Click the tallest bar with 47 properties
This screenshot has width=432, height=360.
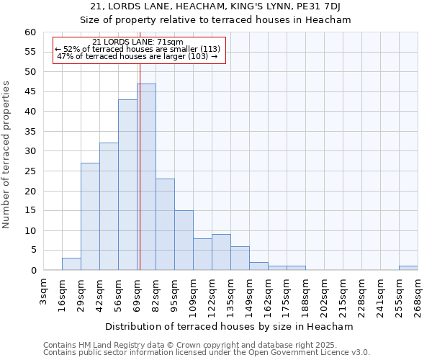(146, 177)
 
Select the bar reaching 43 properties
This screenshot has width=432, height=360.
(127, 185)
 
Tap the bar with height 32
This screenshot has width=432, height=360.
(109, 207)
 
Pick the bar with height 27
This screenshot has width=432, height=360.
(90, 217)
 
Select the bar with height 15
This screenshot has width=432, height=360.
(184, 240)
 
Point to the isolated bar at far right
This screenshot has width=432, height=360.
(408, 268)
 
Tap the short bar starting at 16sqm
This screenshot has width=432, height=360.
(71, 264)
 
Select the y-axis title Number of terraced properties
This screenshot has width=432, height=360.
(7, 154)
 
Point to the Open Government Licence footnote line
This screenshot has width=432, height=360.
(207, 353)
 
